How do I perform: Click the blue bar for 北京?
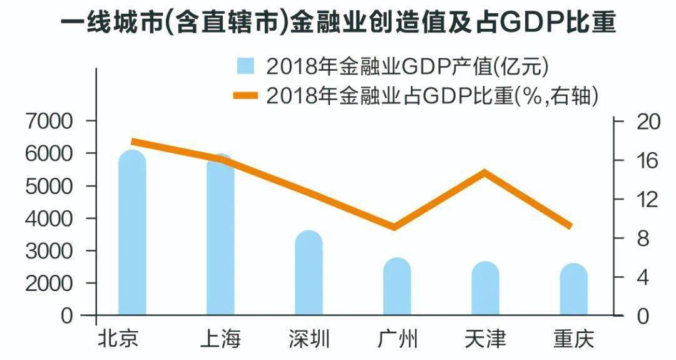[x=132, y=238]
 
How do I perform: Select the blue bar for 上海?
[x=220, y=238]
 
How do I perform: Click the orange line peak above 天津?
[x=484, y=172]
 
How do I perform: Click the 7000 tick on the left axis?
[x=49, y=121]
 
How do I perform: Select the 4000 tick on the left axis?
[x=49, y=219]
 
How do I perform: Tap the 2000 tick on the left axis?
[x=49, y=284]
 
